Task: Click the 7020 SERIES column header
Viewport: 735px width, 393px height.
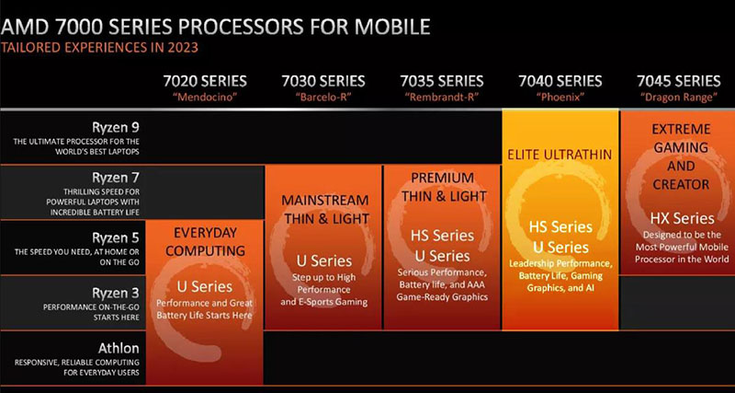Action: [x=205, y=81]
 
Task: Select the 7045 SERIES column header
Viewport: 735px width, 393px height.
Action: [x=678, y=81]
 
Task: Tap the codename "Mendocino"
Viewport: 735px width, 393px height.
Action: [x=205, y=98]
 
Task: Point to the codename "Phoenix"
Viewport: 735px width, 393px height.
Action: [x=560, y=98]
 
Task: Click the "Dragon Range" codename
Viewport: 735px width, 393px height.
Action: [x=678, y=98]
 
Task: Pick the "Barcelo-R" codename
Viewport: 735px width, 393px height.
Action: [x=323, y=98]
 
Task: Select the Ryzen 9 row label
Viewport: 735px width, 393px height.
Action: [x=116, y=128]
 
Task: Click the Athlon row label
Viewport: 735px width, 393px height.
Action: [x=119, y=349]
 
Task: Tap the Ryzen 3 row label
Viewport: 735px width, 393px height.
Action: [x=116, y=294]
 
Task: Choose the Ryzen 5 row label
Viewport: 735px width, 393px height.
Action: [x=116, y=238]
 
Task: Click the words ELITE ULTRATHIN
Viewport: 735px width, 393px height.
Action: [x=560, y=155]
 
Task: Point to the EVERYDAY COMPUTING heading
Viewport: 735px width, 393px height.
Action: [x=205, y=242]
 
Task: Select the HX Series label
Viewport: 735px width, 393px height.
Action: [x=682, y=218]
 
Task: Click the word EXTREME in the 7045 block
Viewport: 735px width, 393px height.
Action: [x=681, y=129]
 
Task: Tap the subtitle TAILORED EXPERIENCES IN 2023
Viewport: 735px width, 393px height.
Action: [x=99, y=48]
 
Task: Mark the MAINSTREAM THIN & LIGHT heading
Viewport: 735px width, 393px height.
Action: [x=326, y=209]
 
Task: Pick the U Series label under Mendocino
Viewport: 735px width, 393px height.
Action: [x=204, y=286]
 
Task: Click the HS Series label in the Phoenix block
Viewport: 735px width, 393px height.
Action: [x=560, y=226]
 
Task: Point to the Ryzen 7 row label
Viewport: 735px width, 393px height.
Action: [x=116, y=178]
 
